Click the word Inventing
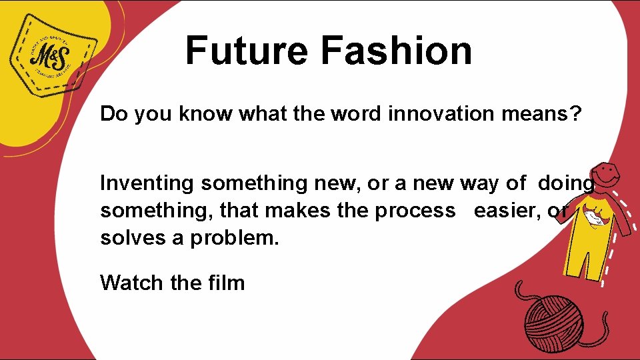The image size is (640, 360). point(147,183)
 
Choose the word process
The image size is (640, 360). point(415,210)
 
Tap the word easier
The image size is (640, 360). point(506,210)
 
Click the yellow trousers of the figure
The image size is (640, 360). point(583,257)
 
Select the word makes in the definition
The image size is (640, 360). point(292,210)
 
